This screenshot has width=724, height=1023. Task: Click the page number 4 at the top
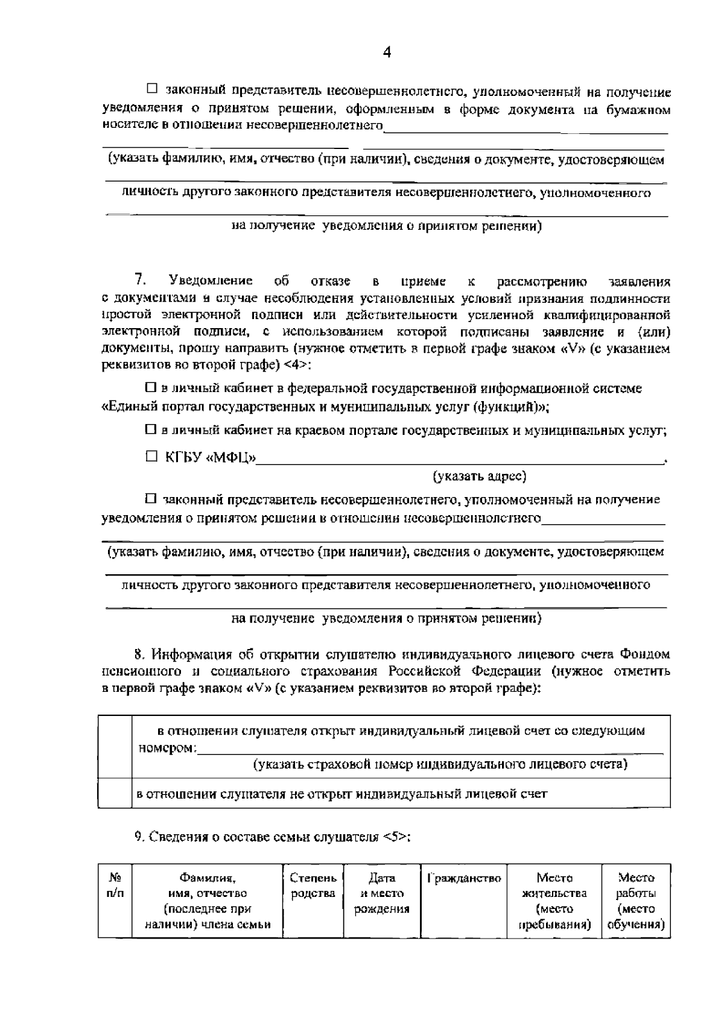387,53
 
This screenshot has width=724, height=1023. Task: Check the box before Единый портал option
151,389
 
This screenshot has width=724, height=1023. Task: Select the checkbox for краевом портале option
151,430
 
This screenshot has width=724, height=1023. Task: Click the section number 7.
141,280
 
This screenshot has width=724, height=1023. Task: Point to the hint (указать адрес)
480,477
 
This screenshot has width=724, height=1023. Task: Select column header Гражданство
464,879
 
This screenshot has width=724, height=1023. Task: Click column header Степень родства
313,886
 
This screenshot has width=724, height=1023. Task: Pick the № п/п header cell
115,886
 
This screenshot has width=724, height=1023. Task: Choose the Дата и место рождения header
382,894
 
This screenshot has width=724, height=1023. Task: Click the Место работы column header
636,901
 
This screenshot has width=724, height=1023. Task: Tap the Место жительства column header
554,901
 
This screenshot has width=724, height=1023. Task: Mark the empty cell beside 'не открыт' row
115,793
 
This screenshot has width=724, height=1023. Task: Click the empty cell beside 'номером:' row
115,747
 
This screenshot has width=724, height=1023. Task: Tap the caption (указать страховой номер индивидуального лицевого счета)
440,765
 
